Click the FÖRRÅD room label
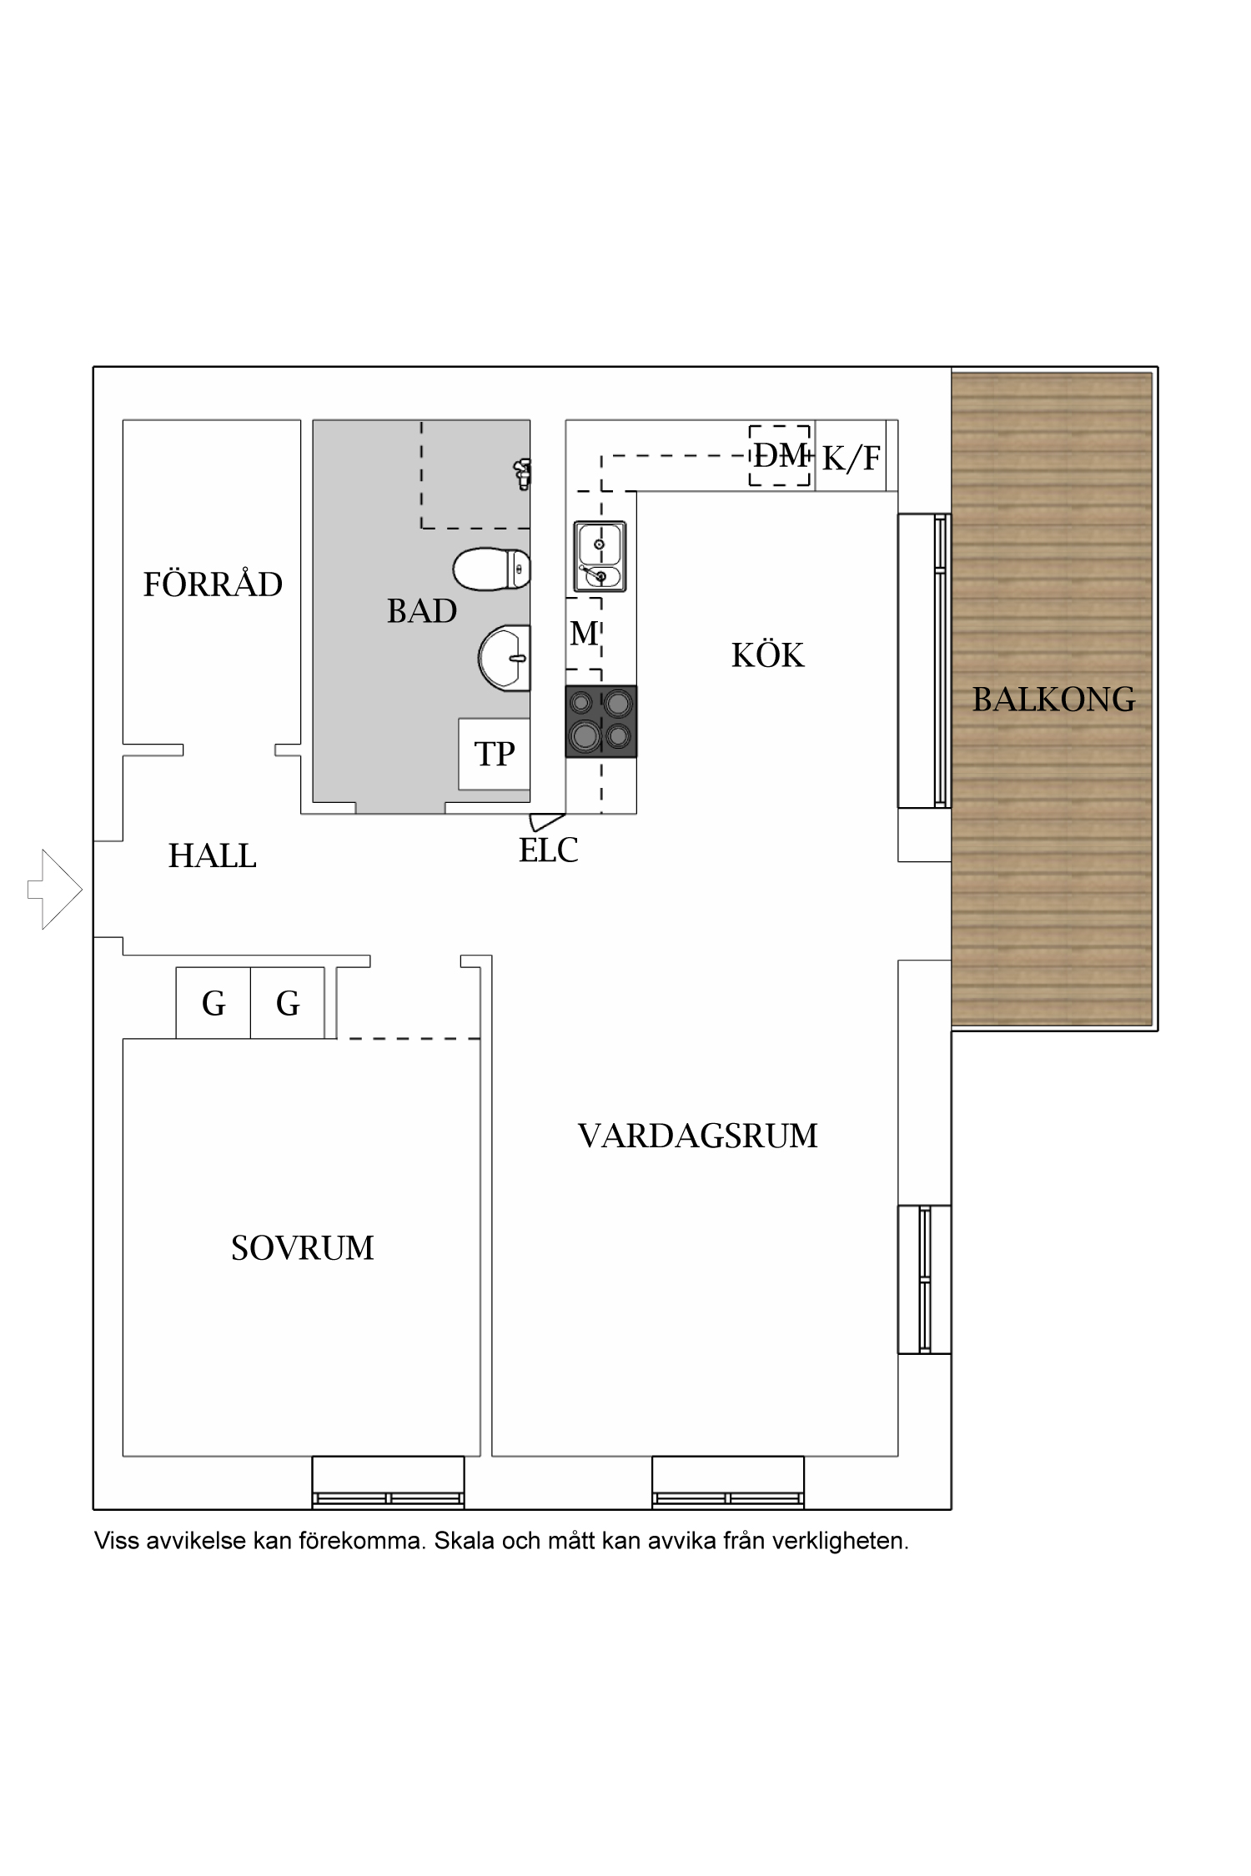[213, 584]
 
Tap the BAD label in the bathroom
[421, 611]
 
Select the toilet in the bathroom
[491, 569]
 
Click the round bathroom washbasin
[505, 658]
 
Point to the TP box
[495, 754]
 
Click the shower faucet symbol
[522, 473]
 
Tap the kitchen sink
[600, 556]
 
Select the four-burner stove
[600, 721]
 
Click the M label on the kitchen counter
[584, 634]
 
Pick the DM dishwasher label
[781, 455]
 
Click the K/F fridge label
[851, 458]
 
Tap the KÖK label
[767, 656]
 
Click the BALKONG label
[1053, 700]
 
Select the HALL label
[212, 856]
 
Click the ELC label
[548, 850]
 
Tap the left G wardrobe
[214, 1003]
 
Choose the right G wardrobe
[288, 1003]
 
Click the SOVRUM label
[302, 1248]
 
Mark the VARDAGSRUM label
[697, 1136]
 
